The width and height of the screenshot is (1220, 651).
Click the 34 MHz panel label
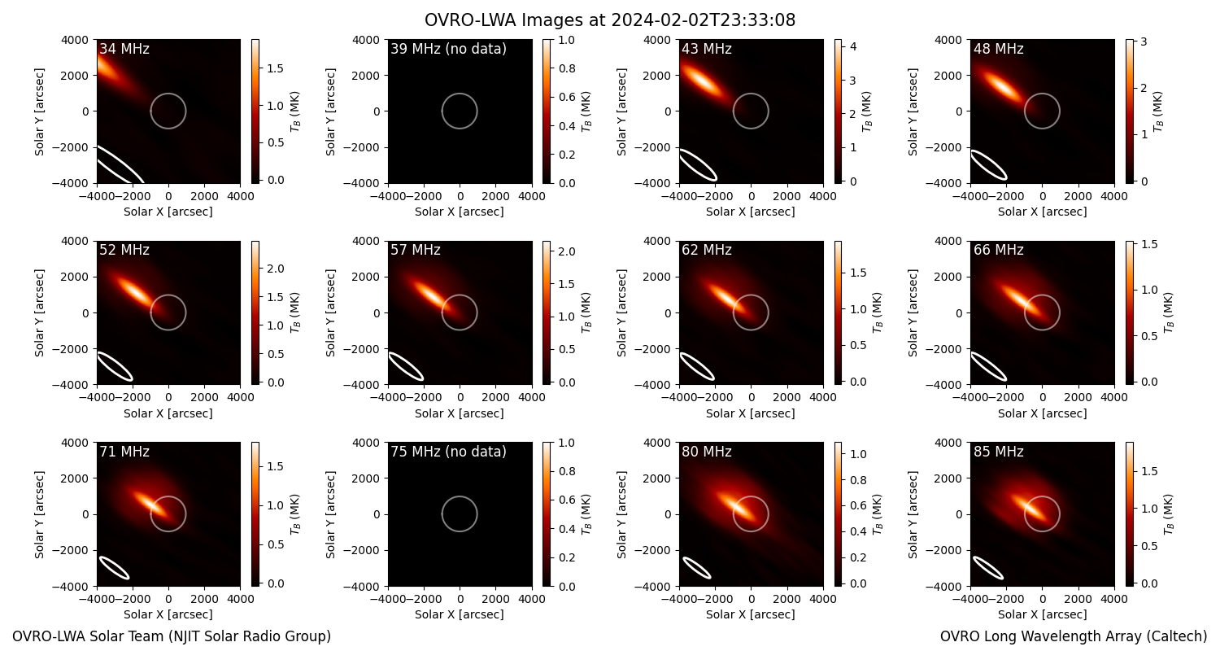click(124, 49)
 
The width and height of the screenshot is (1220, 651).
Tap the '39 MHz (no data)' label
click(448, 49)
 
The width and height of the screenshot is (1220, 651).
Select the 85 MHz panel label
click(998, 452)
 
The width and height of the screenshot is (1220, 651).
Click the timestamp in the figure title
click(704, 20)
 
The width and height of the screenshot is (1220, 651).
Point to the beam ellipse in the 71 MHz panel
click(114, 568)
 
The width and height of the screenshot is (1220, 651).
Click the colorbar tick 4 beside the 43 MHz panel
click(853, 47)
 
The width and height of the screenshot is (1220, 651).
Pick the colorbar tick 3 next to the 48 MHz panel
click(1144, 42)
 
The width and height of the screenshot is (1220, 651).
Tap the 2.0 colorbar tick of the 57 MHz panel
click(567, 251)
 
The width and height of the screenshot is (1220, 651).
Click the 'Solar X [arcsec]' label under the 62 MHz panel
click(751, 413)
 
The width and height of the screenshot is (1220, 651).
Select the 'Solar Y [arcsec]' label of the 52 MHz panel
click(39, 312)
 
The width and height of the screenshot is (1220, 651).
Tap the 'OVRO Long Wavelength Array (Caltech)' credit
click(1074, 636)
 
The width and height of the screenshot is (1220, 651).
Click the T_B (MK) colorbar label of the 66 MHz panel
click(1168, 312)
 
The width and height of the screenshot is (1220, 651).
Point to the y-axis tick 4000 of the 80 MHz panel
click(658, 443)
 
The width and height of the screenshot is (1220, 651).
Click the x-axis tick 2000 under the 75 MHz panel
click(495, 599)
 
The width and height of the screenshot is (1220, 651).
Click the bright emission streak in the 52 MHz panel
click(134, 292)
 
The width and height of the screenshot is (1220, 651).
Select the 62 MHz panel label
click(707, 250)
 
